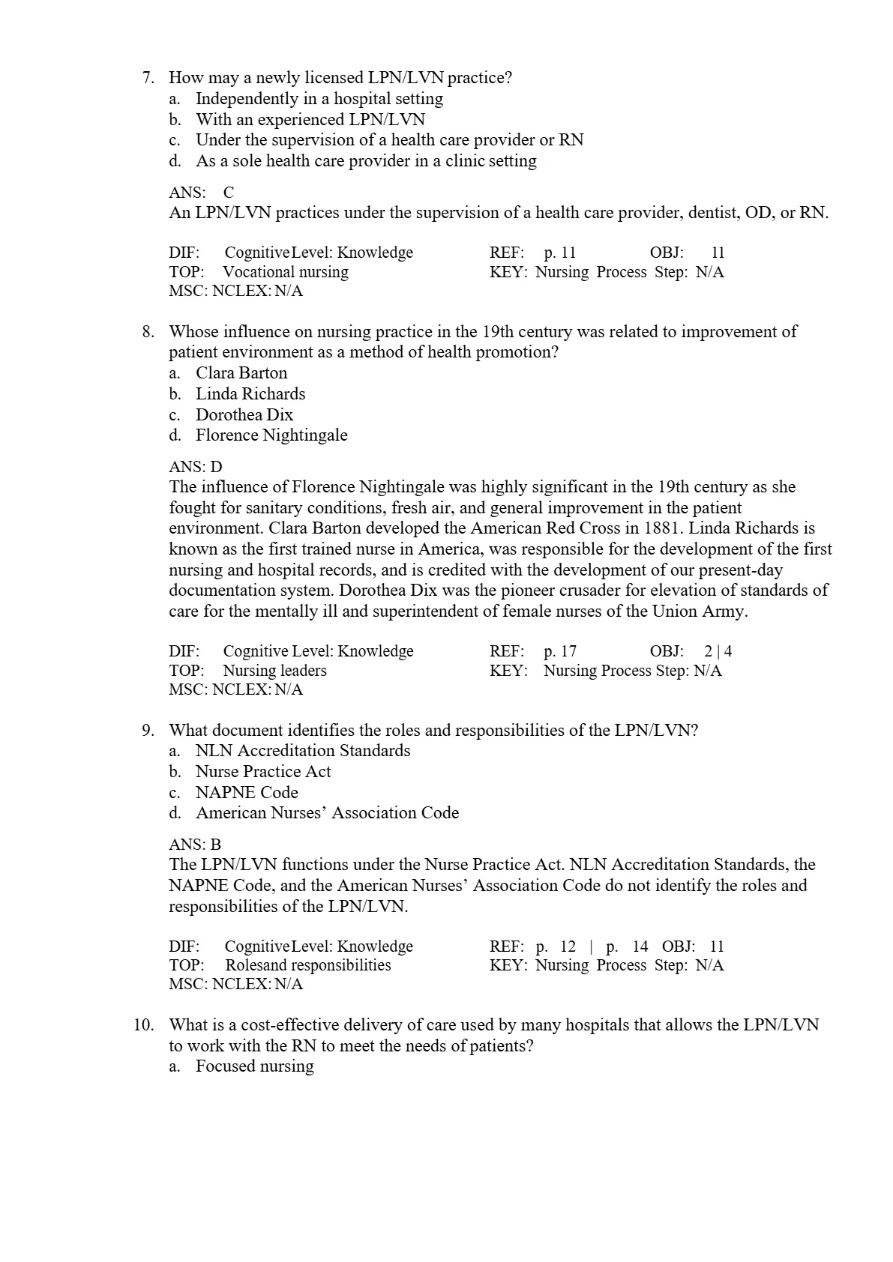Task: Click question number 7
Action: point(148,78)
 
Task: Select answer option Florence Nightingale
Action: point(271,435)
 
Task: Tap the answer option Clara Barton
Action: point(241,373)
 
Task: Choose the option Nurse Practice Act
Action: point(263,772)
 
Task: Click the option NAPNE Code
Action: point(247,793)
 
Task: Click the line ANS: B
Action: point(195,845)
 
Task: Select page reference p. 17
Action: point(560,652)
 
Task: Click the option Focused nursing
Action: point(255,1066)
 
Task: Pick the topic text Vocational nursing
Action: point(286,272)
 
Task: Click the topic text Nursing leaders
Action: point(274,671)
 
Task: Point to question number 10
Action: point(144,1025)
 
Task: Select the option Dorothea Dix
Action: point(244,415)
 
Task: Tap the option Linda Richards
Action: point(250,394)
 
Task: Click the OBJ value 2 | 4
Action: point(718,652)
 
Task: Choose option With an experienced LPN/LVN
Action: point(310,120)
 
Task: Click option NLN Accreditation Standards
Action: point(303,751)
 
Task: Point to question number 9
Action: point(148,731)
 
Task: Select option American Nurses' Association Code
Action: point(327,813)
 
